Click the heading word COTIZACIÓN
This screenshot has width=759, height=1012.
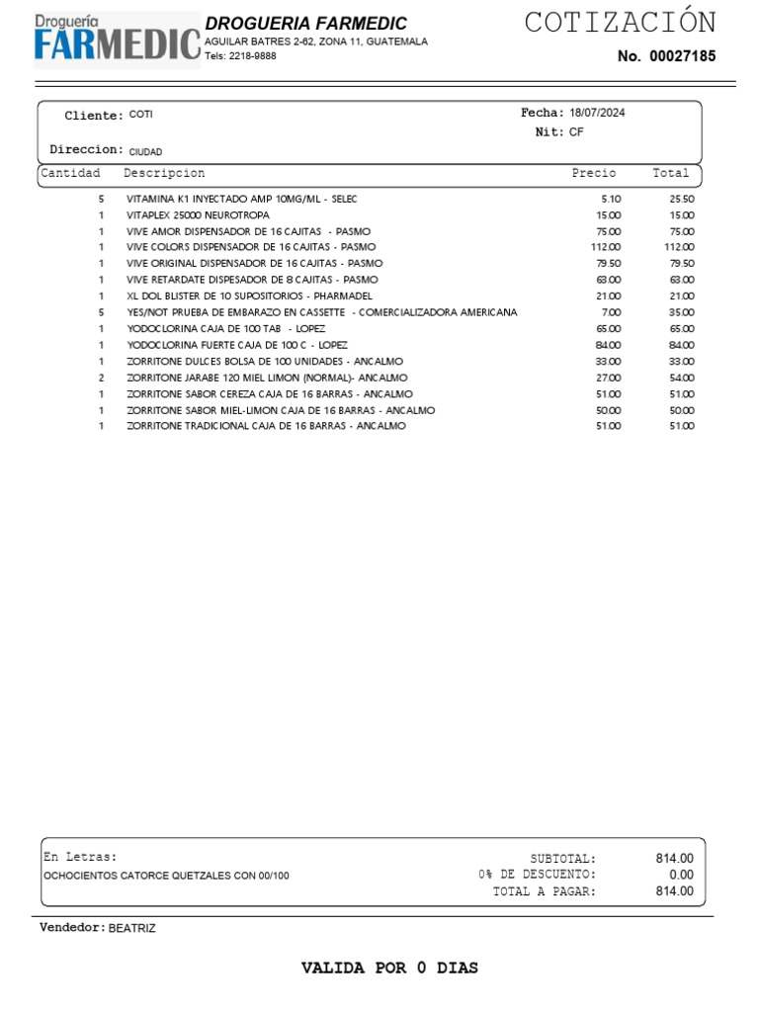click(620, 23)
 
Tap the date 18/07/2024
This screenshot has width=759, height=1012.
click(597, 113)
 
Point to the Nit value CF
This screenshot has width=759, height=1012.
click(576, 131)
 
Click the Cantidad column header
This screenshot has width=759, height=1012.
click(70, 173)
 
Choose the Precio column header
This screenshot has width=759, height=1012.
click(593, 173)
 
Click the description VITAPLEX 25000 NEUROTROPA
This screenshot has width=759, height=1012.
click(198, 214)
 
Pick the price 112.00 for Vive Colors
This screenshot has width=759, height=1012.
click(606, 247)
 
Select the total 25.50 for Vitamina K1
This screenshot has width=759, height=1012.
click(682, 199)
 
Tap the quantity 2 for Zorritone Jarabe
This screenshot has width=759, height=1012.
click(101, 378)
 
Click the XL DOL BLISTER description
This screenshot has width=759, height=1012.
click(249, 295)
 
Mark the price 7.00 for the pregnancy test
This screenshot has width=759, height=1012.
click(612, 312)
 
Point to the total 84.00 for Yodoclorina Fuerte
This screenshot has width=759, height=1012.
click(682, 345)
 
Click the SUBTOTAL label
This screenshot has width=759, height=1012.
click(562, 859)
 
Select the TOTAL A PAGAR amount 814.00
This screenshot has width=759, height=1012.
click(675, 891)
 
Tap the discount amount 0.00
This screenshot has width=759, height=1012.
click(681, 875)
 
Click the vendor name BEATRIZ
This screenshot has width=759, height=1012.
click(131, 929)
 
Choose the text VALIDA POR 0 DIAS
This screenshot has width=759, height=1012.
click(389, 969)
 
